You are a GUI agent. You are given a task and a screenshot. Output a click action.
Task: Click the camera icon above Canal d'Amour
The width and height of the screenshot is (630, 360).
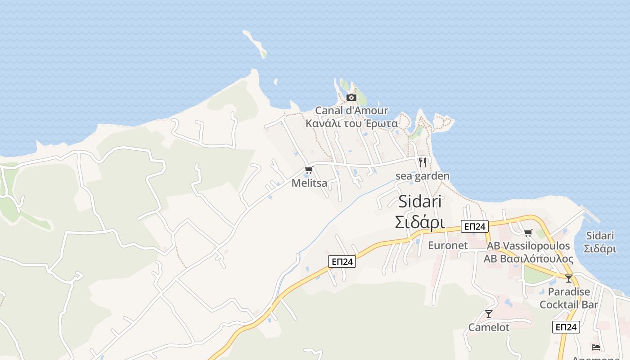coord(351,97)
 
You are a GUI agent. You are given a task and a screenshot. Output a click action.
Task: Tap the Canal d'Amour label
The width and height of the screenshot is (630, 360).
coord(351,110)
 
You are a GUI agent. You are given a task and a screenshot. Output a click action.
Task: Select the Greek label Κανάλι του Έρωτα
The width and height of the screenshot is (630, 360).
coord(351,123)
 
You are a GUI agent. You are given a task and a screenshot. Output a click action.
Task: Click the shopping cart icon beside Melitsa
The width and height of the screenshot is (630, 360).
coord(309,170)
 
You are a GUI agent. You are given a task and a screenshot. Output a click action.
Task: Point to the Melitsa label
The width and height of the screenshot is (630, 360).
coord(309,183)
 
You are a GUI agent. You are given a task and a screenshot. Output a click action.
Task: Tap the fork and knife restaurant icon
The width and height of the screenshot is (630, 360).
coord(422,162)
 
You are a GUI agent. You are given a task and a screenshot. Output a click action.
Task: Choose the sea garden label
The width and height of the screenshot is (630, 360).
coord(422,176)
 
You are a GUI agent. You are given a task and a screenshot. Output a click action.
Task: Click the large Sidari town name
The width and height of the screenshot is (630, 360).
coord(420,202)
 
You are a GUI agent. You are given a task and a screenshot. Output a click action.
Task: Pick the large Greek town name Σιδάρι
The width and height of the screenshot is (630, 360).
coord(420,222)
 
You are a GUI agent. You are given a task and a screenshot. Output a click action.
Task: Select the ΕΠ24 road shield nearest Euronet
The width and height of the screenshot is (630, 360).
coord(474,226)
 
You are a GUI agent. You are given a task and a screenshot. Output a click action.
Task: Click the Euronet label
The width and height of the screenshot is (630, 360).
coord(448,245)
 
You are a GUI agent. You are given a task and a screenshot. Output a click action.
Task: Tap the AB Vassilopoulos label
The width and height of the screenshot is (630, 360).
coord(528,246)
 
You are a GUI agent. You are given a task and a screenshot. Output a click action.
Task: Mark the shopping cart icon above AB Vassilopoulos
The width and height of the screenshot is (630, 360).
coord(528,233)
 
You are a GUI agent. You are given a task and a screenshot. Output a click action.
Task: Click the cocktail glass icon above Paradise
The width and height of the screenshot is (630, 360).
coord(569,279)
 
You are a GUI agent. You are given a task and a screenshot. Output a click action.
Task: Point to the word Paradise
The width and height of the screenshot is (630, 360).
coord(569,292)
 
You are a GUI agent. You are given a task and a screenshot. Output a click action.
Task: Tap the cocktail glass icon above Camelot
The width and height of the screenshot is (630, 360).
coord(489,314)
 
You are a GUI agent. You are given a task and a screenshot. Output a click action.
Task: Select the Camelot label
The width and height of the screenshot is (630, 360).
coord(489,327)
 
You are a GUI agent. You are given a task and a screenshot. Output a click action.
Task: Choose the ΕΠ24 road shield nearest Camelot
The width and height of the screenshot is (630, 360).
coord(566,327)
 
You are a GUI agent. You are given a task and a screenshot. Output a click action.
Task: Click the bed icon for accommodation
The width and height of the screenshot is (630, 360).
coord(596,347)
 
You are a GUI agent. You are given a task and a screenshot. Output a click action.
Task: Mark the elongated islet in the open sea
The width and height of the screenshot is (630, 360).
coord(255,44)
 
